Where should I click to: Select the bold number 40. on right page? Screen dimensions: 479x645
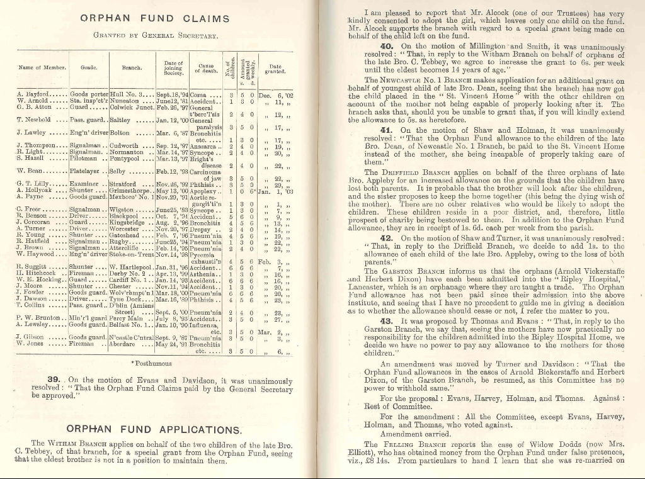coord(387,47)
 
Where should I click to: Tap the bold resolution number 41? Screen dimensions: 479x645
coord(387,130)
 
